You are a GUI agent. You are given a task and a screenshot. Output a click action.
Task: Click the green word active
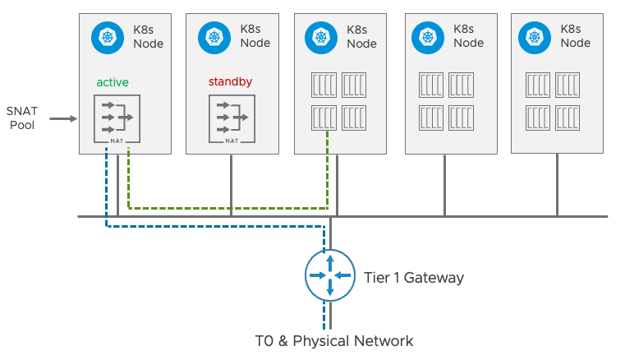click(113, 82)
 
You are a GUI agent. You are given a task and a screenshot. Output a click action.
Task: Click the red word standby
click(229, 82)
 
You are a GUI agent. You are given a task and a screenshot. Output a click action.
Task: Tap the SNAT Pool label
click(21, 118)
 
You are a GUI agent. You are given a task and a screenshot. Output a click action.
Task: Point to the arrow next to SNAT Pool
click(62, 118)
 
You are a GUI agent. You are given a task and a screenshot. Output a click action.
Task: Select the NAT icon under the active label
click(117, 118)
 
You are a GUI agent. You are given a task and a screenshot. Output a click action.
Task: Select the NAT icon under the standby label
click(232, 118)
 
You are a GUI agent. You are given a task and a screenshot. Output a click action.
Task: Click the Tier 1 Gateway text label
click(413, 278)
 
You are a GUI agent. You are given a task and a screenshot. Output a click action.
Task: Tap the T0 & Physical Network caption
click(333, 340)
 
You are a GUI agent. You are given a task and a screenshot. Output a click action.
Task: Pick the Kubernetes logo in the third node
click(319, 37)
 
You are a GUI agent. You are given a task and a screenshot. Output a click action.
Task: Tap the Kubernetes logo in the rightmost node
click(533, 37)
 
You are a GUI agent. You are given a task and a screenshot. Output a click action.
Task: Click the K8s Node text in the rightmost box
click(575, 37)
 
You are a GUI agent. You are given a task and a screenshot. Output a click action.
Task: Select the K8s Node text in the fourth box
click(469, 37)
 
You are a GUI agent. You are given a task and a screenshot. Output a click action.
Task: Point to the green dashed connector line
click(230, 207)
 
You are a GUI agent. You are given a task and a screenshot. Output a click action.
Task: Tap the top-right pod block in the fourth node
click(462, 85)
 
